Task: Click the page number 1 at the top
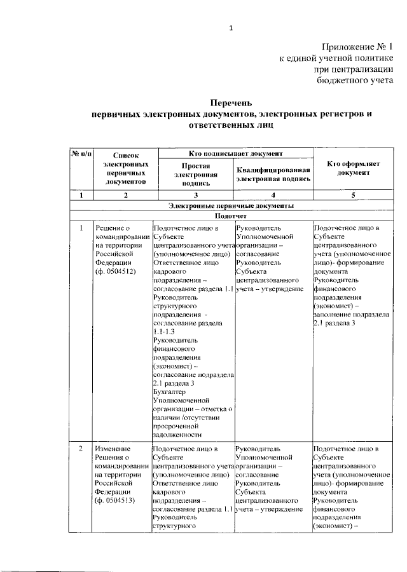(x=231, y=27)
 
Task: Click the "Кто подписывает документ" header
(x=236, y=154)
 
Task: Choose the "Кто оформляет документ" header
(x=353, y=168)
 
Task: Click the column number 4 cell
(x=273, y=195)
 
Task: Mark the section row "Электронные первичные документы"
(x=231, y=206)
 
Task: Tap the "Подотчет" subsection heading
(x=231, y=216)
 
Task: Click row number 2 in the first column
(x=81, y=449)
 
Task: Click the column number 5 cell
(x=353, y=195)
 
